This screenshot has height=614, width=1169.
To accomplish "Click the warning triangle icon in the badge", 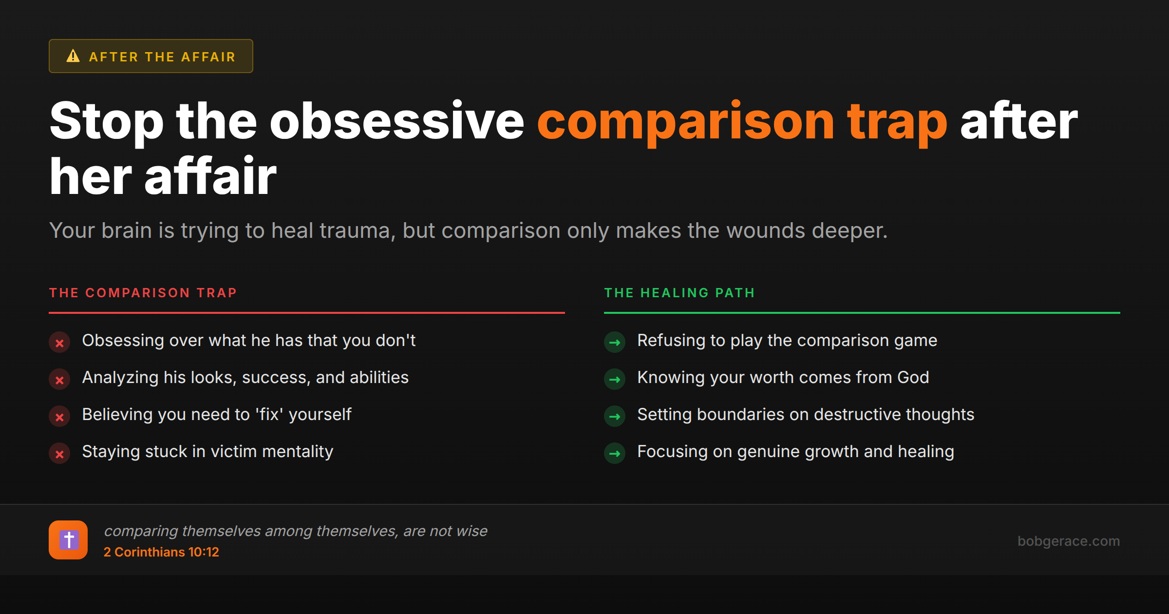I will pos(73,56).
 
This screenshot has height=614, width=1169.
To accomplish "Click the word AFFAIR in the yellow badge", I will pos(208,57).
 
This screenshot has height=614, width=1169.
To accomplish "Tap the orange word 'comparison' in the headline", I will pos(686,122).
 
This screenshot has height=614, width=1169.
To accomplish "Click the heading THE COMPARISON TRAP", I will pos(143,293).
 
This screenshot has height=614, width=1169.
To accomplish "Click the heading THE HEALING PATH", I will pos(679,293).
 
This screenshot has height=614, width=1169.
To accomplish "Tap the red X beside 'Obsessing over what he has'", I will pos(59,343).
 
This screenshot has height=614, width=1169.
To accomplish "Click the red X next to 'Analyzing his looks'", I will pos(59,380).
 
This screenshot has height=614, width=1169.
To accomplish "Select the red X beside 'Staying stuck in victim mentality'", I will pos(59,454).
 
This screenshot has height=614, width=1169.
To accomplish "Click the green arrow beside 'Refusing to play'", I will pos(615,343).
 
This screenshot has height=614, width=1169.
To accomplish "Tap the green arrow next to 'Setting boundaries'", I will pos(615,417).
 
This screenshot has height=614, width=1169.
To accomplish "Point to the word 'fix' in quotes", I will pos(269,415).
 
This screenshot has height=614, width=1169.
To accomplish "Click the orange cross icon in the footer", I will pos(68,540).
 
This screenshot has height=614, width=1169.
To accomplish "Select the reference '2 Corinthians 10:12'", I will pos(161,552).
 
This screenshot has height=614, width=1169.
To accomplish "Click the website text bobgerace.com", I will pos(1068,541).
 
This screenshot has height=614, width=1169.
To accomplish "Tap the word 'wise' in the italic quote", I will pos(471,531).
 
